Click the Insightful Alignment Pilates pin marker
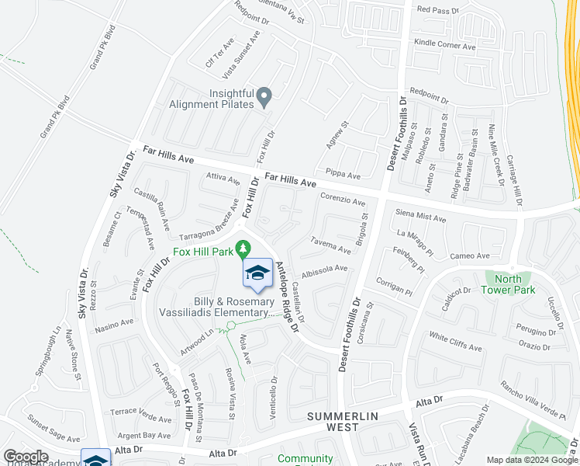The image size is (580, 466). click(264, 96)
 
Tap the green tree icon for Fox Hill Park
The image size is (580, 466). click(243, 248)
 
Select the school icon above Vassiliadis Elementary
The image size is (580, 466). click(257, 273)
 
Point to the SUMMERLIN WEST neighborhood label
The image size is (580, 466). click(344, 422)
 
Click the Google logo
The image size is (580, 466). click(26, 457)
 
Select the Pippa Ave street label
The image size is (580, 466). click(344, 176)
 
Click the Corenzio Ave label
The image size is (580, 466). click(342, 200)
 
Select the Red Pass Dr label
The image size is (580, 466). click(438, 10)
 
